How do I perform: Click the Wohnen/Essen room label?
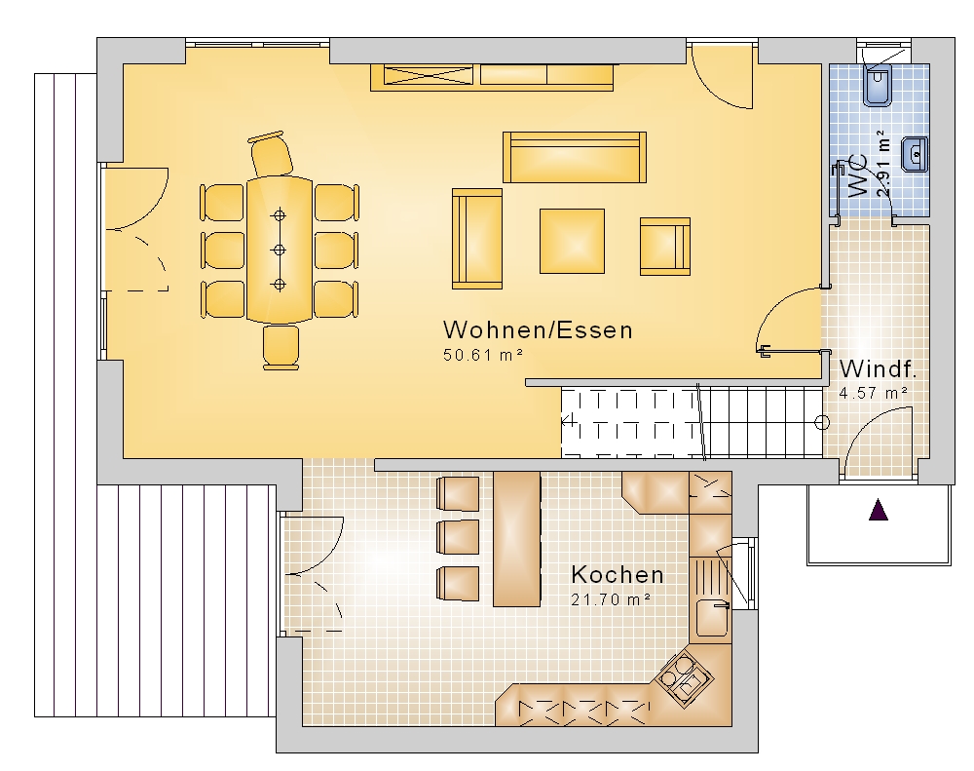[538, 329]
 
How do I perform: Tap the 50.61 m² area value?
[483, 355]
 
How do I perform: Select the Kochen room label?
[618, 574]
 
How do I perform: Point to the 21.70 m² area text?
[611, 599]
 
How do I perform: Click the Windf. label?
[878, 368]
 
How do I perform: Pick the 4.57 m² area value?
[874, 393]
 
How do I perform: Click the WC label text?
[857, 176]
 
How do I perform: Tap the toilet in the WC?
[878, 85]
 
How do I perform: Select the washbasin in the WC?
[916, 154]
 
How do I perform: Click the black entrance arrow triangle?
[879, 509]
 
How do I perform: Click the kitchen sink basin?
[712, 617]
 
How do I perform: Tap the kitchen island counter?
[517, 538]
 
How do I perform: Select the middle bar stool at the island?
[459, 537]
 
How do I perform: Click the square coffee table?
[572, 241]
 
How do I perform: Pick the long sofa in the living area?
[575, 157]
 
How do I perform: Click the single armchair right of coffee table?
[665, 247]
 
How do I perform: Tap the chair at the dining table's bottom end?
[281, 348]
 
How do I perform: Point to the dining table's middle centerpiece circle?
[280, 250]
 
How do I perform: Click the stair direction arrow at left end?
[568, 421]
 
